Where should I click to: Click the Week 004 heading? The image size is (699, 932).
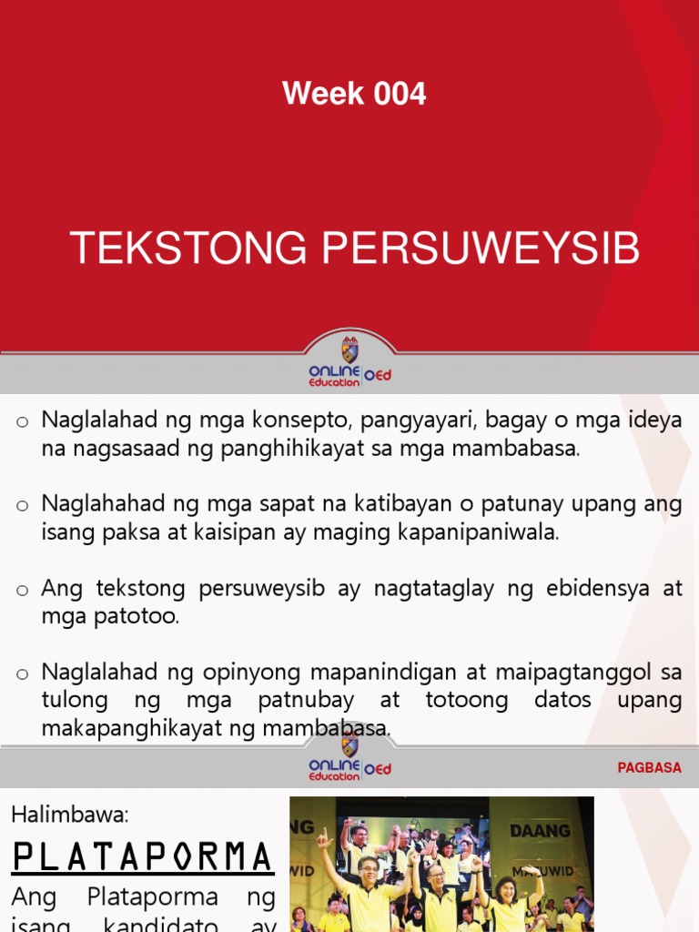coord(354,94)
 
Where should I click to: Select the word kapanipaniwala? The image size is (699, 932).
coord(478,532)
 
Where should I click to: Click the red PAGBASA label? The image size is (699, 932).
coord(649,768)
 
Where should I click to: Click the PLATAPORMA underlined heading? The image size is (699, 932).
coord(143,856)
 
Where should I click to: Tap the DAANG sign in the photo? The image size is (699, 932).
coord(540,830)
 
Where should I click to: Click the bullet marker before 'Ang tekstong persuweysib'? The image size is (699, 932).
coord(23,590)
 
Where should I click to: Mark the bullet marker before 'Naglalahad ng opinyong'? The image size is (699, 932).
coord(23,674)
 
